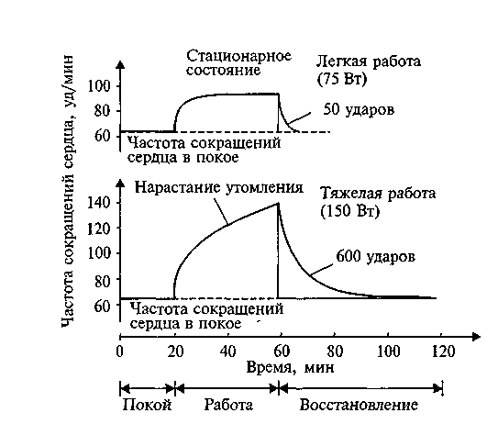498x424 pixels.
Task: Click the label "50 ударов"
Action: pyautogui.click(x=359, y=110)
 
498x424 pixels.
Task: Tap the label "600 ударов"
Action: pyautogui.click(x=375, y=256)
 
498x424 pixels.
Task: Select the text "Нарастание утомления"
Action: pyautogui.click(x=219, y=187)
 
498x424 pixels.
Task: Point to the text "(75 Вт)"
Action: pyautogui.click(x=342, y=78)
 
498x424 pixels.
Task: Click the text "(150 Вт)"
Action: pyautogui.click(x=349, y=211)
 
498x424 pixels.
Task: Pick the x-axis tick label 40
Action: pyautogui.click(x=227, y=351)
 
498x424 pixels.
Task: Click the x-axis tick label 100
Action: pyautogui.click(x=389, y=351)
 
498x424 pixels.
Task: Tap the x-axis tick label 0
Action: pyautogui.click(x=120, y=351)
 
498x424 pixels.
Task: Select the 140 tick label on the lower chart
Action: pyautogui.click(x=98, y=203)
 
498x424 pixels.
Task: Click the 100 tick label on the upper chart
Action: pyautogui.click(x=98, y=86)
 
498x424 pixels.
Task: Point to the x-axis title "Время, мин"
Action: pyautogui.click(x=290, y=368)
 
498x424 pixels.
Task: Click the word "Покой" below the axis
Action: pyautogui.click(x=147, y=406)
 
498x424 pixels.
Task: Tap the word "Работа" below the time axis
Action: pyautogui.click(x=228, y=406)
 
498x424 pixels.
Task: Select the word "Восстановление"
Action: pyautogui.click(x=359, y=406)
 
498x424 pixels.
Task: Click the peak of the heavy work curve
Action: pyautogui.click(x=278, y=203)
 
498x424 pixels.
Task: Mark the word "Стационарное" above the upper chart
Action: pyautogui.click(x=238, y=56)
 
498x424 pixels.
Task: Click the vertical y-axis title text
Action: pyautogui.click(x=67, y=191)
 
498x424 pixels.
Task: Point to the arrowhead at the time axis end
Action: pyautogui.click(x=476, y=337)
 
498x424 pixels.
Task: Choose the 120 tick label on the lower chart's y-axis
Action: pyautogui.click(x=98, y=228)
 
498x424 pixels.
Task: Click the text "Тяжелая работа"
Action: pyautogui.click(x=378, y=194)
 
